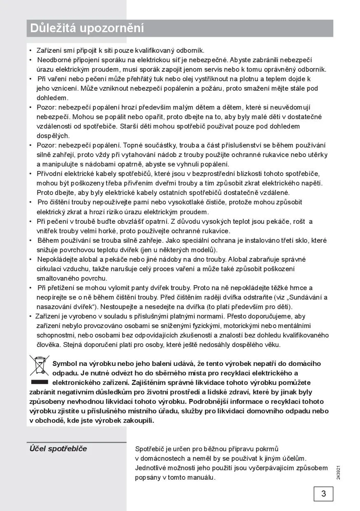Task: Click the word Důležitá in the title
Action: pos(53,28)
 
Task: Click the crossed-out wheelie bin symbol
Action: pos(40,364)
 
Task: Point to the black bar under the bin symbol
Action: pos(40,382)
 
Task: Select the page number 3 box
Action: pos(323,494)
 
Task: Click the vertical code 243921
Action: pos(338,472)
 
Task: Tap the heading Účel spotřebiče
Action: pos(58,449)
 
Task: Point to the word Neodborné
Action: pos(53,60)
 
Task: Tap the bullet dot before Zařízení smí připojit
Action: pos(30,50)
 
